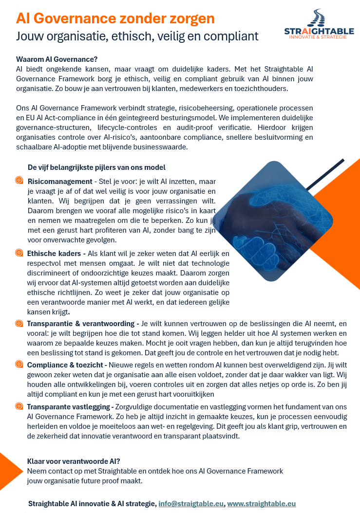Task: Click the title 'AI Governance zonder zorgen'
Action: pyautogui.click(x=115, y=18)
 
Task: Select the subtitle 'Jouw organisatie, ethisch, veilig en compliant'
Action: pyautogui.click(x=137, y=36)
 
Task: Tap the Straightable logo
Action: pyautogui.click(x=319, y=24)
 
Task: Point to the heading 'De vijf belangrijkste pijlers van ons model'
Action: pyautogui.click(x=97, y=167)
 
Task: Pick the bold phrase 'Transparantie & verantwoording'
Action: pyautogui.click(x=80, y=324)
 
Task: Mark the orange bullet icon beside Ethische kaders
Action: pyautogui.click(x=19, y=253)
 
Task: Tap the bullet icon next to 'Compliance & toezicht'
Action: pyautogui.click(x=19, y=364)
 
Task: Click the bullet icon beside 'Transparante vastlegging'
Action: pyautogui.click(x=19, y=406)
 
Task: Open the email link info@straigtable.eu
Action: pyautogui.click(x=191, y=503)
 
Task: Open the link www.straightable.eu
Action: pyautogui.click(x=262, y=503)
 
